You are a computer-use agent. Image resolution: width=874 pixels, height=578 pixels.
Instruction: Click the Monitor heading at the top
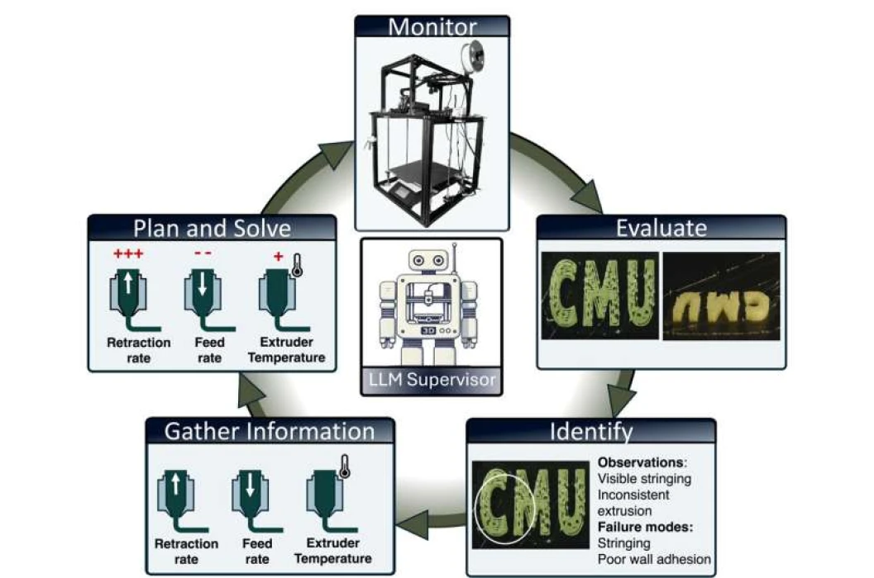[432, 26]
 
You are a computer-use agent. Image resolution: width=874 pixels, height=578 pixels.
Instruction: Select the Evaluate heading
[661, 228]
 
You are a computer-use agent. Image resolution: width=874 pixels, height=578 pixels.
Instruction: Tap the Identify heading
[591, 431]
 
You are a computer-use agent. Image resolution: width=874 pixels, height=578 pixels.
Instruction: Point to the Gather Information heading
[270, 430]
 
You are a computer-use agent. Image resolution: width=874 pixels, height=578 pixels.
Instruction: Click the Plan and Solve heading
[213, 228]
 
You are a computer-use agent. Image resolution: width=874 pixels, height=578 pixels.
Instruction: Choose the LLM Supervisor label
[432, 380]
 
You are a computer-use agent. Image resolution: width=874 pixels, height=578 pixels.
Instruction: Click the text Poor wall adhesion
[653, 559]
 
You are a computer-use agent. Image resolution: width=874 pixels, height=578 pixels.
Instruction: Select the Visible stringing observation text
[643, 478]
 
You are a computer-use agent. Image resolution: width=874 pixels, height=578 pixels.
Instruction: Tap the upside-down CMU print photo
[721, 295]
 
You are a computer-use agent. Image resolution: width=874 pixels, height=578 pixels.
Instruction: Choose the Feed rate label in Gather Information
[257, 552]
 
